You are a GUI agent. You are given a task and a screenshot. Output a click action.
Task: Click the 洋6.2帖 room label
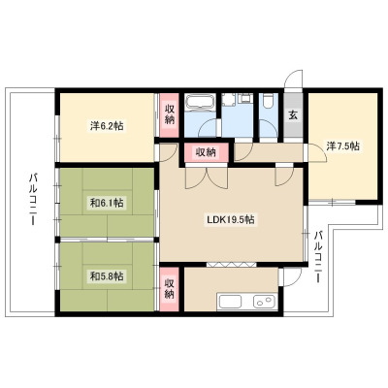(x=107, y=126)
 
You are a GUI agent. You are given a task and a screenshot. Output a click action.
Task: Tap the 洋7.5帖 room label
(x=342, y=146)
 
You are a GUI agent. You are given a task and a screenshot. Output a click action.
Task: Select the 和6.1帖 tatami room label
(x=107, y=203)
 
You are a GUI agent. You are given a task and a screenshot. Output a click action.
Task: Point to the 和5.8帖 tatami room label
(x=107, y=276)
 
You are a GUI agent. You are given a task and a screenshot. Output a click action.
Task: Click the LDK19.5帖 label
(x=231, y=220)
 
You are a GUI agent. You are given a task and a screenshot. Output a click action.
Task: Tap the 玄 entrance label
(x=293, y=115)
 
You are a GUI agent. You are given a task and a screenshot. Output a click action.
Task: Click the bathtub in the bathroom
(x=201, y=102)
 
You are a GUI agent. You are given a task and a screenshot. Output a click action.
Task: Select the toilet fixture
(x=269, y=100)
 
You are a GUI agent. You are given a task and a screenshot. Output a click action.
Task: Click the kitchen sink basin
(x=231, y=302)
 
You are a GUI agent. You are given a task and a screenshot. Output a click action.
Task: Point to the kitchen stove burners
(x=265, y=302)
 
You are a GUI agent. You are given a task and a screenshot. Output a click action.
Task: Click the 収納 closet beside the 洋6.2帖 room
(x=170, y=114)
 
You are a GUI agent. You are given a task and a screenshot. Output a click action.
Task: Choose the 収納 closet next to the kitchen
(x=170, y=289)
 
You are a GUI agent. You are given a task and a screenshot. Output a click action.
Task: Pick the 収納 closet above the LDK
(x=207, y=152)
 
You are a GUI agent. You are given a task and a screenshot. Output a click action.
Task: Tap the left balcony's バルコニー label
(x=33, y=200)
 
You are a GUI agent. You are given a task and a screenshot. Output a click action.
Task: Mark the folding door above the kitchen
(x=232, y=264)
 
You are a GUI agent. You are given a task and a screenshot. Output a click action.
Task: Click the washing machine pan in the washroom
(x=229, y=99)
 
